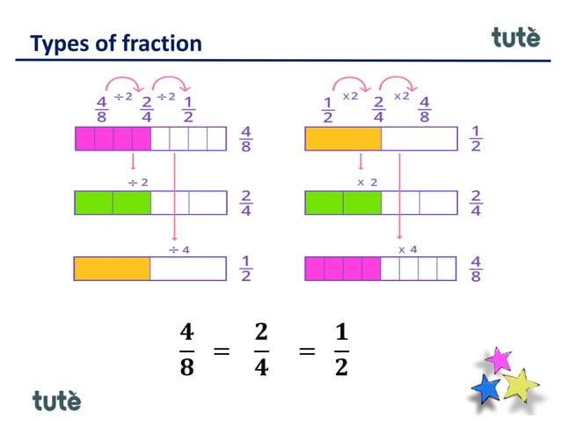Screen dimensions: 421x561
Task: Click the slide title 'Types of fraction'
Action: [115, 43]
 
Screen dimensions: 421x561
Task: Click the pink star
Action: [499, 359]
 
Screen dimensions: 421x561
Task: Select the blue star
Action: [485, 388]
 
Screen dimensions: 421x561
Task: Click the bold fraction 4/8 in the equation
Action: [186, 351]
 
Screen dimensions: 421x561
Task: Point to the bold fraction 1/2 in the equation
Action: [340, 351]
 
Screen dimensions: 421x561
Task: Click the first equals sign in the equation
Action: [222, 352]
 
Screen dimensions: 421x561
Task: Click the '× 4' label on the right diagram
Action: [407, 249]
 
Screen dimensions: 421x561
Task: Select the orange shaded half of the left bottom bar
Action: [113, 268]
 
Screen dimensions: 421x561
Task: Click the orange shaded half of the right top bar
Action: [343, 139]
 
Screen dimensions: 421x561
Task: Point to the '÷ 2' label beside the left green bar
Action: [137, 182]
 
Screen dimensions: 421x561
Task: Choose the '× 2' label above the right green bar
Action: [367, 182]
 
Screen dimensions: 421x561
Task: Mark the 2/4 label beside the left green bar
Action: [245, 203]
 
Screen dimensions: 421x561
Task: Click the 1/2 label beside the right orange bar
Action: [476, 139]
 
